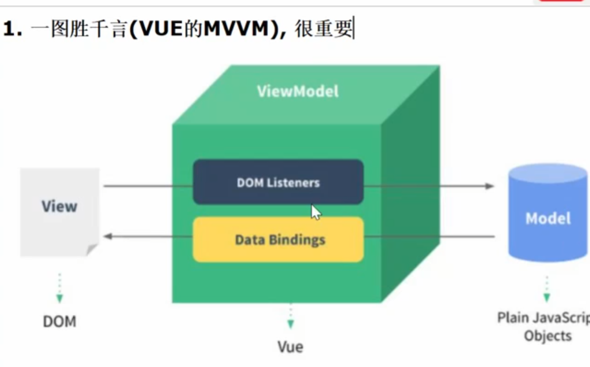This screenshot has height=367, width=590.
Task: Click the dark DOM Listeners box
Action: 278,182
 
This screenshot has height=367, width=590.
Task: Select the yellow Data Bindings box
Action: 278,240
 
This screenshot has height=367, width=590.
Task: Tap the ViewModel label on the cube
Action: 298,91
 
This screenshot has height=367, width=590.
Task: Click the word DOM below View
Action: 60,321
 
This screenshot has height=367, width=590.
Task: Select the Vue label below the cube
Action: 290,346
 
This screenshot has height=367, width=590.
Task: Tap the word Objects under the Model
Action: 548,336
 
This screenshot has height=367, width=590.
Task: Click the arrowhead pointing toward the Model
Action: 490,186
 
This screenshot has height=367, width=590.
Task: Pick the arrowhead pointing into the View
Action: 108,236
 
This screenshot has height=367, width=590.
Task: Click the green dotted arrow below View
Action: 60,289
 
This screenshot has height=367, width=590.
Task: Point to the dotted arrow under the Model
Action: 547,289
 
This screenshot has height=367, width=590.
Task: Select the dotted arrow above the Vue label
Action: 290,316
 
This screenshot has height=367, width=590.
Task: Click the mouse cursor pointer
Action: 316,212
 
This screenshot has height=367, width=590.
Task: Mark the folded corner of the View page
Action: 92,250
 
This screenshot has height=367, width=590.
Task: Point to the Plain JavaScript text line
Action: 543,318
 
